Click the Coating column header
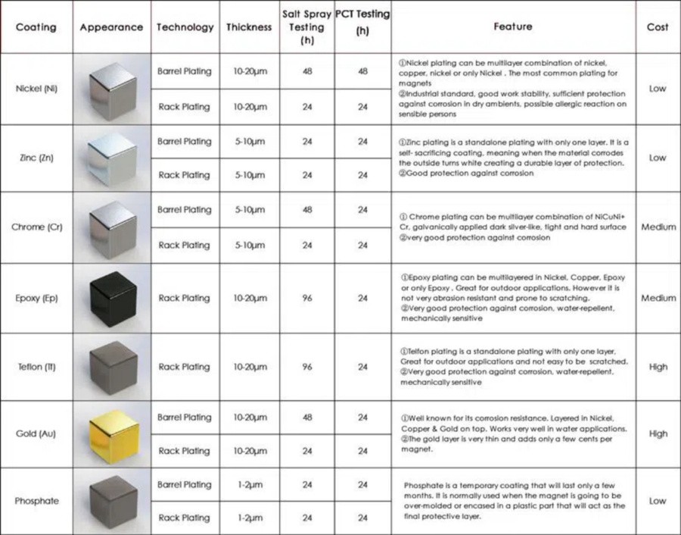pos(36,27)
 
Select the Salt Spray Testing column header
pos(307,27)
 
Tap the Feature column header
pos(512,27)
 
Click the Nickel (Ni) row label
pos(36,88)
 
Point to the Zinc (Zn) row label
pos(36,158)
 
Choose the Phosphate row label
pos(36,501)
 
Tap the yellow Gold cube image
pos(112,433)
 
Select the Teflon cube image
pos(112,367)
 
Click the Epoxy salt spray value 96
pos(307,298)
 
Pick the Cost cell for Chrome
pos(658,227)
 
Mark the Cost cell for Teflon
pos(658,367)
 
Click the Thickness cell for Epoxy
pos(249,298)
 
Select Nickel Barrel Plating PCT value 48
pos(362,71)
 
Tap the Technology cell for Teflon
pos(185,367)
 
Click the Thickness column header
pos(249,27)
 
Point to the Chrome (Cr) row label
pos(36,227)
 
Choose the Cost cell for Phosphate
pos(658,501)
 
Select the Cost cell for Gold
pos(658,433)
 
